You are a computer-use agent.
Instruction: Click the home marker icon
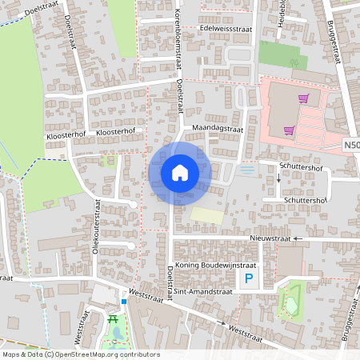tap(180, 172)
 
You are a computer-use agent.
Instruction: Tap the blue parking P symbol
tap(248, 279)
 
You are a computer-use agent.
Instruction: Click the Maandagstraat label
tap(217, 128)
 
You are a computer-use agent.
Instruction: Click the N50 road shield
tap(352, 146)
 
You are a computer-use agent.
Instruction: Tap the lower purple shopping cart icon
tap(288, 130)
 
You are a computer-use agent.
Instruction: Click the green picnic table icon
tap(113, 319)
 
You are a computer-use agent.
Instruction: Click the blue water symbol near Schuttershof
tap(248, 170)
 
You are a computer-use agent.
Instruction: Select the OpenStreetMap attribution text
tap(80, 354)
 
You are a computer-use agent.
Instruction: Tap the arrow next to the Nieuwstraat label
tap(295, 238)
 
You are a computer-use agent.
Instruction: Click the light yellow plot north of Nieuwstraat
tap(206, 215)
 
